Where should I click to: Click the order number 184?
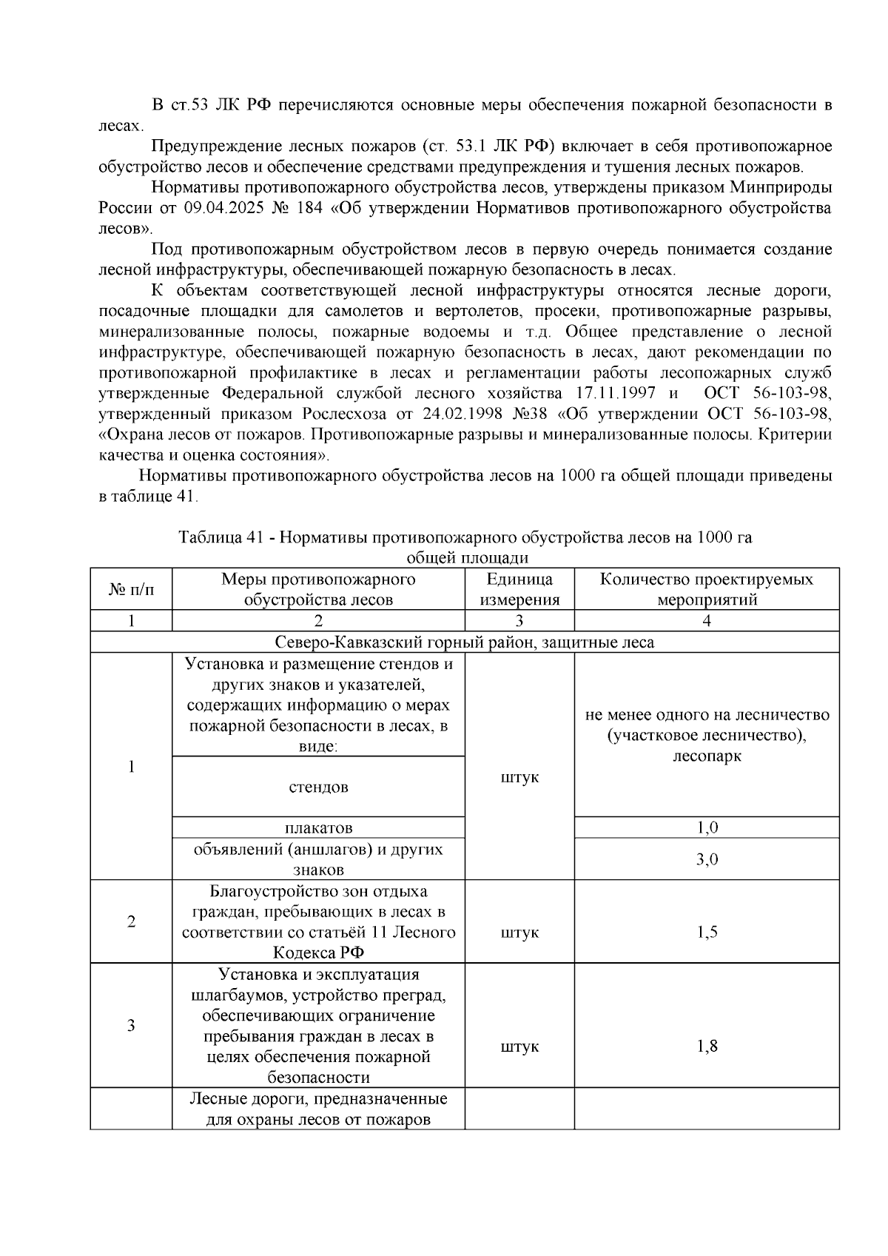click(309, 208)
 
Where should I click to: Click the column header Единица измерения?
click(519, 589)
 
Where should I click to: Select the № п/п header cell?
click(131, 589)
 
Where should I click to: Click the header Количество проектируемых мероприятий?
click(707, 589)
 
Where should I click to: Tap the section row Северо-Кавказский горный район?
click(465, 642)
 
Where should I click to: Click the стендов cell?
click(318, 787)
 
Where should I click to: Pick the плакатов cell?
click(318, 827)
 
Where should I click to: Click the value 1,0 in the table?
click(707, 827)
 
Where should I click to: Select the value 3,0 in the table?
click(707, 859)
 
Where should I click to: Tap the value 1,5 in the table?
click(707, 933)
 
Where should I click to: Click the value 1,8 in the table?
click(707, 1047)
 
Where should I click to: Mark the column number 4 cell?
click(707, 621)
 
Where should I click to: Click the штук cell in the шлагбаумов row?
click(519, 1047)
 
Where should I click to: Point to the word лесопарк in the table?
click(707, 756)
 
